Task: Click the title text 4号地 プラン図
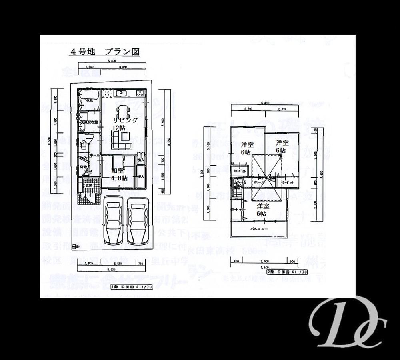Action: point(105,52)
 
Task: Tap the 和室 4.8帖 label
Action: point(119,175)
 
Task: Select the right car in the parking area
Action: point(137,221)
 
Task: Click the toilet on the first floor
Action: point(84,145)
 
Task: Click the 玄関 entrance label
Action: point(88,185)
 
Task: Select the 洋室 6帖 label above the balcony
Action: point(262,210)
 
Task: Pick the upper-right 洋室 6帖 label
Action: point(282,146)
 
